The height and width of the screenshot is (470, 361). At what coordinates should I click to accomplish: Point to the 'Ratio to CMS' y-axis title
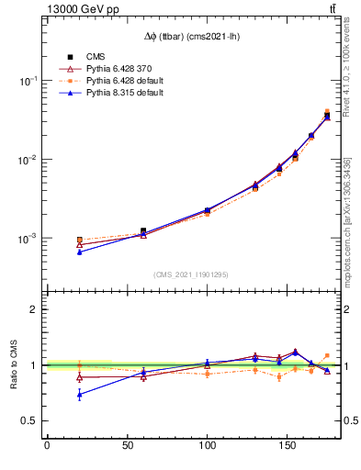click(16, 364)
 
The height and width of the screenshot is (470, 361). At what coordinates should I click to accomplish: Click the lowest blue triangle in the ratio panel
click(79, 395)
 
